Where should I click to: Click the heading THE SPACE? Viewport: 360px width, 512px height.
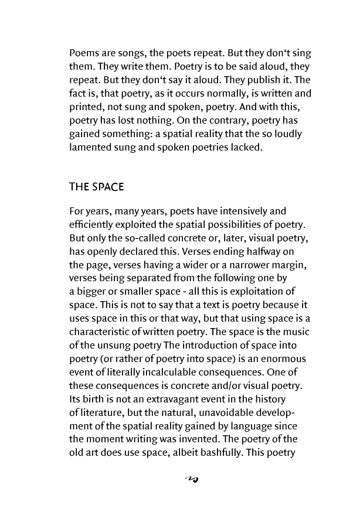(x=96, y=187)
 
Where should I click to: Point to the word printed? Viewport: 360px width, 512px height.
(x=87, y=107)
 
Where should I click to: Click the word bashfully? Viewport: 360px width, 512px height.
(x=222, y=453)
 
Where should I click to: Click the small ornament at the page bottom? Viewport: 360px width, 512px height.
(x=192, y=480)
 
